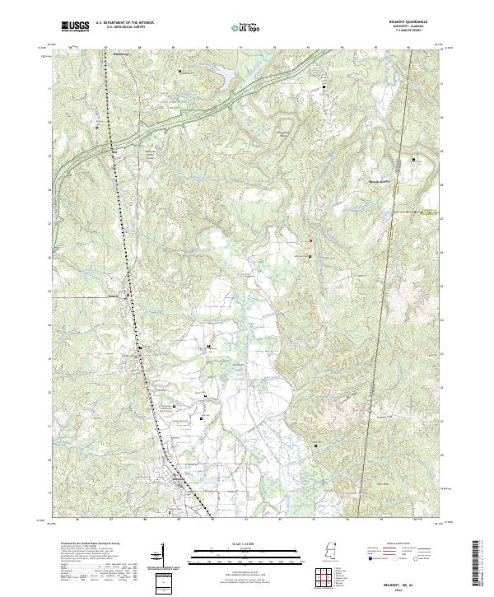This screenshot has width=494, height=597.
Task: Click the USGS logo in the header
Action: click(75, 26)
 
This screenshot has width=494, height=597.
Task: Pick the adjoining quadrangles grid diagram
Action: click(316, 569)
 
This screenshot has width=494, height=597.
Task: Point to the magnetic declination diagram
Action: click(162, 553)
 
